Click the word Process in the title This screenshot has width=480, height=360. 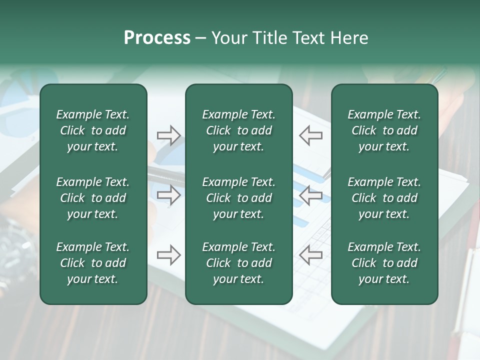click(157, 38)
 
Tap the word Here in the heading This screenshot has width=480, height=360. click(348, 38)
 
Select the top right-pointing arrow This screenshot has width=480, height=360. click(168, 135)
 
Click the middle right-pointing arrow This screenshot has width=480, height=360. click(168, 195)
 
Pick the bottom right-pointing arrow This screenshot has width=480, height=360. click(168, 255)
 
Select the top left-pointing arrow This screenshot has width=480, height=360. click(310, 135)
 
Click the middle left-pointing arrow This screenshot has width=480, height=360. click(310, 195)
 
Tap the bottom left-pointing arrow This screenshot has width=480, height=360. click(310, 255)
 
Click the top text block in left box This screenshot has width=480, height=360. click(93, 130)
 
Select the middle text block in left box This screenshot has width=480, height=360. click(93, 198)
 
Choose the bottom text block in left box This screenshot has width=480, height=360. click(93, 263)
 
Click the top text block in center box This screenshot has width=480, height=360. click(238, 130)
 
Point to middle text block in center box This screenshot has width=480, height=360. click(238, 198)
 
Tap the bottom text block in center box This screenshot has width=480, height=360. click(238, 263)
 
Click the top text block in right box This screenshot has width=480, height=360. click(384, 130)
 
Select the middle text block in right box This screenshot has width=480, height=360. click(384, 198)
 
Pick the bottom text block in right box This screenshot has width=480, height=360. click(384, 263)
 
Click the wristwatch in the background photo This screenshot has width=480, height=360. click(17, 245)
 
